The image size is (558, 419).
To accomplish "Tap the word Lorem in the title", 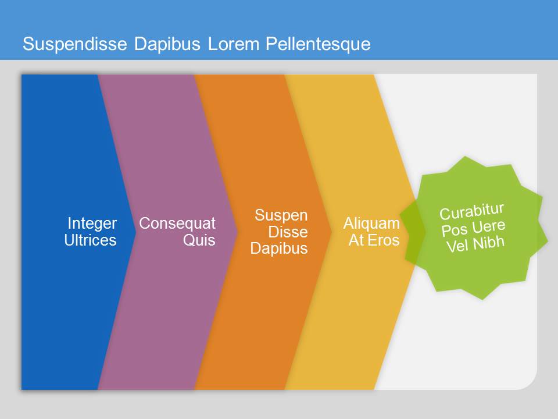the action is [x=234, y=44].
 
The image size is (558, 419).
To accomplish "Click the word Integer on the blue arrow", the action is [x=92, y=223].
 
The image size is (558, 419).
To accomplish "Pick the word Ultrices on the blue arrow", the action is [x=91, y=240].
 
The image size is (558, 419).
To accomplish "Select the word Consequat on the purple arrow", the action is [x=177, y=223].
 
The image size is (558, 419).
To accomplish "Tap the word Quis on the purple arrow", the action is [x=199, y=240].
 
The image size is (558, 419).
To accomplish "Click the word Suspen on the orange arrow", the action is [x=281, y=215].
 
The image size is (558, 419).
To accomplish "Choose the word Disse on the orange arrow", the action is [x=288, y=232].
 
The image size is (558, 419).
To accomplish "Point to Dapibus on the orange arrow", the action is [x=279, y=248].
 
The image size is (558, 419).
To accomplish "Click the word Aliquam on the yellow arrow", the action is [x=371, y=223].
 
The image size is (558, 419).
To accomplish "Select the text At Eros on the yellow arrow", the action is [x=374, y=240].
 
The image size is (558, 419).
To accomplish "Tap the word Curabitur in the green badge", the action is [x=472, y=212].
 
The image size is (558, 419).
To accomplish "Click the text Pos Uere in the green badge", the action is [x=473, y=228].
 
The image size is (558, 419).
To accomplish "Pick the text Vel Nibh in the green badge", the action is [x=475, y=244].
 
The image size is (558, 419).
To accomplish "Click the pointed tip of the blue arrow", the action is [x=135, y=232].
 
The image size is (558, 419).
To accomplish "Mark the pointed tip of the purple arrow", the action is [x=237, y=232].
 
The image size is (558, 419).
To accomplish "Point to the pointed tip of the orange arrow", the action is [x=332, y=232].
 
